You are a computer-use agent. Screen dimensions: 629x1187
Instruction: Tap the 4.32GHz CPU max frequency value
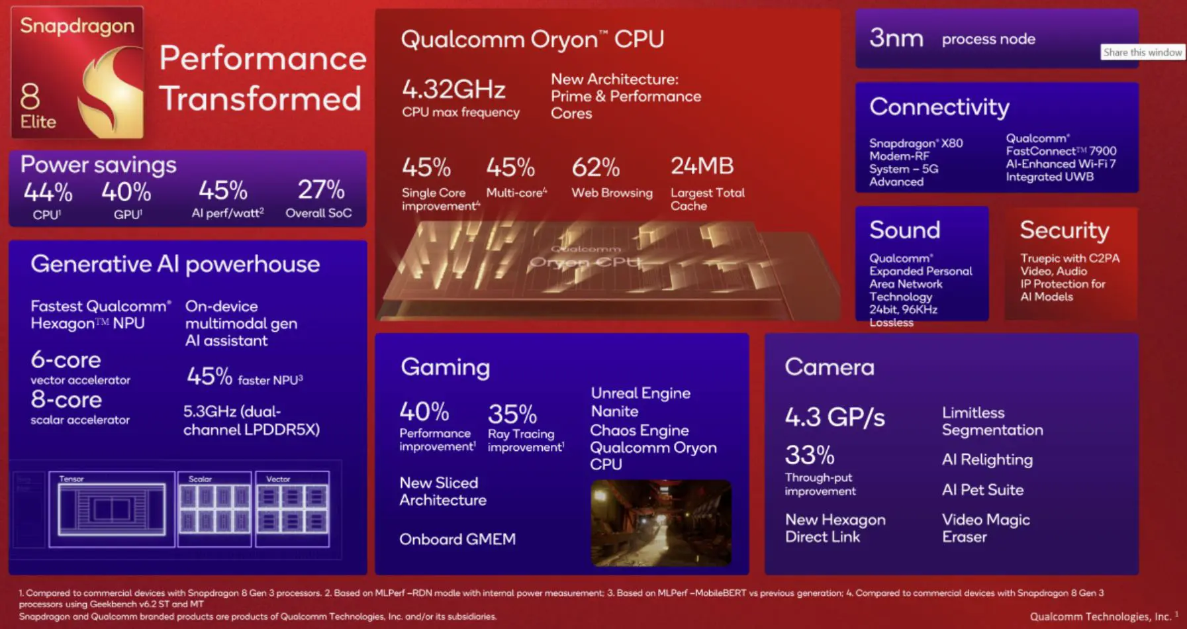click(x=453, y=89)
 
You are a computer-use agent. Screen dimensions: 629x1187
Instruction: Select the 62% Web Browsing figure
click(x=595, y=168)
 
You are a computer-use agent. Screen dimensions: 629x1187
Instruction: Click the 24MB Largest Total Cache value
click(x=702, y=166)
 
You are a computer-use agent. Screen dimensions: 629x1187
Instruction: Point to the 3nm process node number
click(x=896, y=38)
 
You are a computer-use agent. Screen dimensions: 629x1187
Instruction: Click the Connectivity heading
click(x=939, y=107)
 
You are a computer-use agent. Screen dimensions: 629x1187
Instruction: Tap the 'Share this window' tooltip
click(x=1142, y=52)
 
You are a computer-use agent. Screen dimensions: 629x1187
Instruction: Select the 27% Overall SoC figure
click(x=320, y=190)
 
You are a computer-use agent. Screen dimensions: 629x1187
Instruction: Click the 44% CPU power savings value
click(x=48, y=192)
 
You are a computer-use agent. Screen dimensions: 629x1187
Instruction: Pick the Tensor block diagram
click(x=112, y=508)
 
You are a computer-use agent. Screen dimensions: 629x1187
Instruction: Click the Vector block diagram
click(x=292, y=508)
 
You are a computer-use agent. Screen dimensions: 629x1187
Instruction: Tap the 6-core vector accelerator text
click(x=66, y=360)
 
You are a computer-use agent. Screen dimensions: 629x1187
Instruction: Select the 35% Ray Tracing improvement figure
click(x=512, y=414)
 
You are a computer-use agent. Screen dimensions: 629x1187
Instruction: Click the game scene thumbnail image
click(x=661, y=523)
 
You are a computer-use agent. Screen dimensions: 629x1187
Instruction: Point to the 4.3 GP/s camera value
click(x=834, y=417)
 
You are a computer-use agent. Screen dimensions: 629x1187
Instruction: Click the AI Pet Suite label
click(x=982, y=490)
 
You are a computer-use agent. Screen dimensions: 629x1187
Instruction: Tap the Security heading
click(x=1064, y=230)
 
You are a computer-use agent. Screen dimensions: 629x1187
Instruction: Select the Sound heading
click(x=904, y=230)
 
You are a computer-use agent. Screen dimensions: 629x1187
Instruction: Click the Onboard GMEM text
click(x=457, y=539)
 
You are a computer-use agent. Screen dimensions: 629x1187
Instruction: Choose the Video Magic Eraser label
click(x=985, y=528)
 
